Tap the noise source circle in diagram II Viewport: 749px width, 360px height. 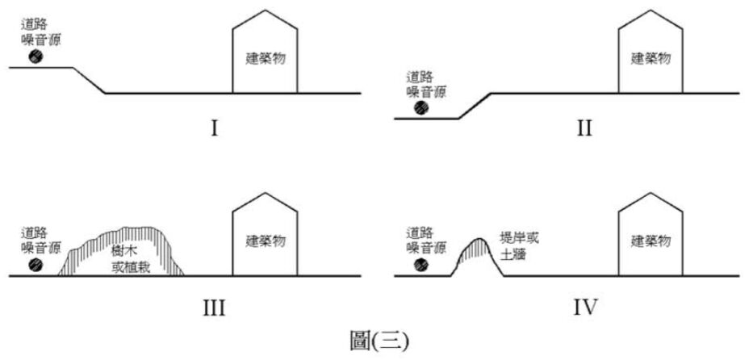click(421, 108)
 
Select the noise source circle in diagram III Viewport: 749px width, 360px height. click(36, 264)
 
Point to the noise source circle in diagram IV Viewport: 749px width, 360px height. click(421, 264)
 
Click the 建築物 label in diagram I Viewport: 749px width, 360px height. click(266, 59)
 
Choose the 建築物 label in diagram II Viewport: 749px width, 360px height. click(651, 59)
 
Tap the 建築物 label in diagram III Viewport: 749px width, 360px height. click(266, 241)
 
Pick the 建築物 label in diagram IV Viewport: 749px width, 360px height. click(651, 241)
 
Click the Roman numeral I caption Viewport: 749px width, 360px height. click(215, 128)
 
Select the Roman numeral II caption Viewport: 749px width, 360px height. click(584, 128)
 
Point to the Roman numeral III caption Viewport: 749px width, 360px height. click(215, 308)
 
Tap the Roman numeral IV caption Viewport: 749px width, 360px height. click(584, 308)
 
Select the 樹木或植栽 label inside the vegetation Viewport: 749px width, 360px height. click(131, 259)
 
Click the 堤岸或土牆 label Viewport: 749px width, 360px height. click(519, 246)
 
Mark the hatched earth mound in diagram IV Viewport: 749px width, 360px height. click(477, 257)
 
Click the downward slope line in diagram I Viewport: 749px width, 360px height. click(89, 80)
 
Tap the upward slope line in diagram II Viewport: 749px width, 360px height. click(475, 106)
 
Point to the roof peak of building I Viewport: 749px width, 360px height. click(265, 10)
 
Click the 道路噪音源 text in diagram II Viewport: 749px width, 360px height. click(426, 84)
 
